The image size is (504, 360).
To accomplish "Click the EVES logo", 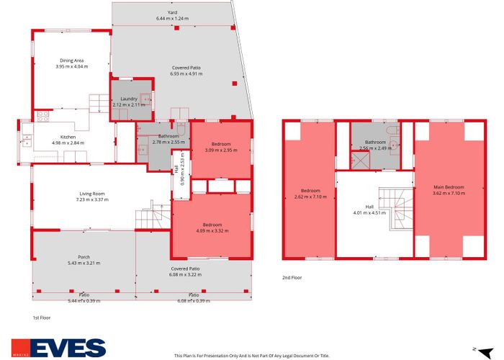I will (x=58, y=348).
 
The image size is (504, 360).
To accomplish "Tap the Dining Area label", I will (x=71, y=61).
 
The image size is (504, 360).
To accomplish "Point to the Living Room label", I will (x=92, y=194).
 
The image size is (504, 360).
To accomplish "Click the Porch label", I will (x=84, y=257).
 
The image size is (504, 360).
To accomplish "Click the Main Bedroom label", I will (x=449, y=187).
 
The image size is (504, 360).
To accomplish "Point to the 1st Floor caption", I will (x=42, y=318).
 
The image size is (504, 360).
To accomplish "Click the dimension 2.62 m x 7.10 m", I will (x=308, y=196).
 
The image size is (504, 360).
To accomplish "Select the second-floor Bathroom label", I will (x=374, y=143).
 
